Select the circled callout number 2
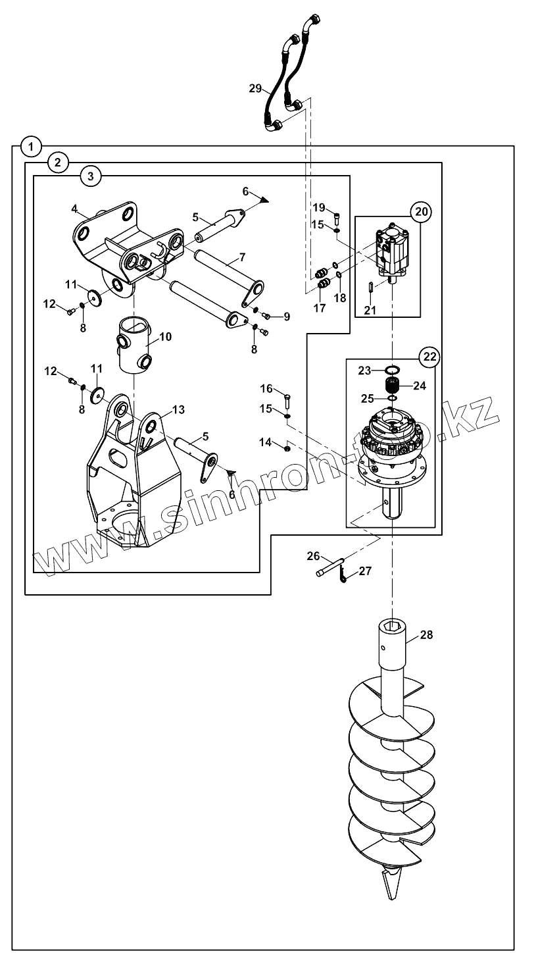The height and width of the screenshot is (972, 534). point(59,161)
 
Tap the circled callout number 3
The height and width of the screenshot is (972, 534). point(90,176)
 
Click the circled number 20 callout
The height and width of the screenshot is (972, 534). point(421,212)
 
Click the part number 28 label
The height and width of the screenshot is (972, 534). point(427,635)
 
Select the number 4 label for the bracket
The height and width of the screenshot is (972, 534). point(75,209)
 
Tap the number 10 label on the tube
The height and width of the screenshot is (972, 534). point(165,336)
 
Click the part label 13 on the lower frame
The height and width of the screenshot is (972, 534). point(178,410)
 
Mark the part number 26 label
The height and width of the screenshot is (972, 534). point(313,555)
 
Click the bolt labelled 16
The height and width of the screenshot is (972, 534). point(288,397)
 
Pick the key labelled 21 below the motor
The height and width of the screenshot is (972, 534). point(371,287)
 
